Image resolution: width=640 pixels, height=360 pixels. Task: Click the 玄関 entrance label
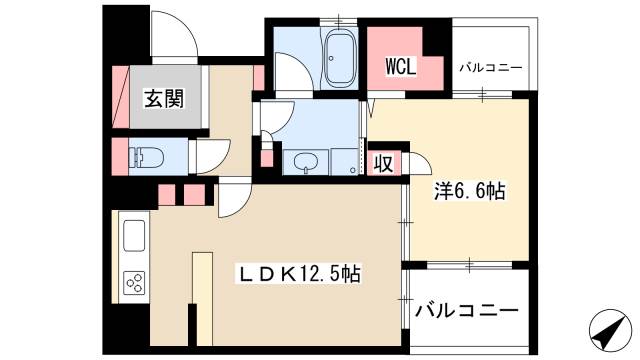pyautogui.click(x=162, y=99)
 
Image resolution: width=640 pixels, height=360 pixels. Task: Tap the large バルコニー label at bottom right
pyautogui.click(x=467, y=310)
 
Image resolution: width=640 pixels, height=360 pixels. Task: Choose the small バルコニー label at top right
pyautogui.click(x=491, y=68)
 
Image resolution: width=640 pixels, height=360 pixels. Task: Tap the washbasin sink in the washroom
pyautogui.click(x=304, y=162)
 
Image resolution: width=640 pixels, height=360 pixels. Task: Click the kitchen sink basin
pyautogui.click(x=133, y=240)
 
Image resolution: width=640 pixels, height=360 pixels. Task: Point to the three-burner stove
pyautogui.click(x=133, y=283)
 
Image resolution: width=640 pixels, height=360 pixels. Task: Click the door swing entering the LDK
pyautogui.click(x=234, y=197)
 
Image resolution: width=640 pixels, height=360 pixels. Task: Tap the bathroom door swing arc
pyautogui.click(x=290, y=75)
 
